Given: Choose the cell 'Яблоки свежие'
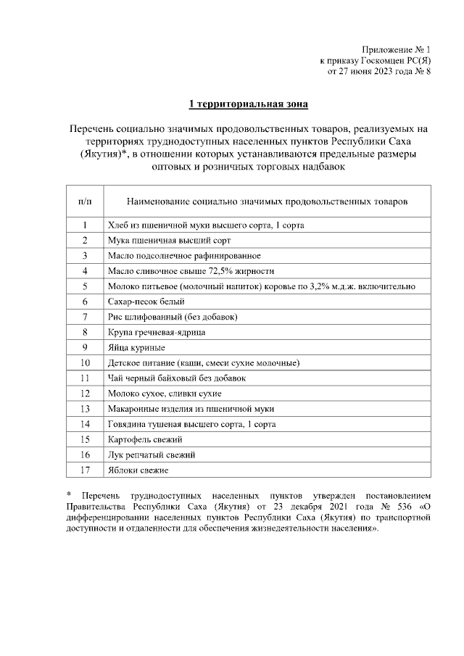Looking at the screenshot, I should click(138, 470).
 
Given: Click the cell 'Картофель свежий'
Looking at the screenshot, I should click(144, 439).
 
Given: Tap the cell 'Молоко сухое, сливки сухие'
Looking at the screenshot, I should click(165, 394).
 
